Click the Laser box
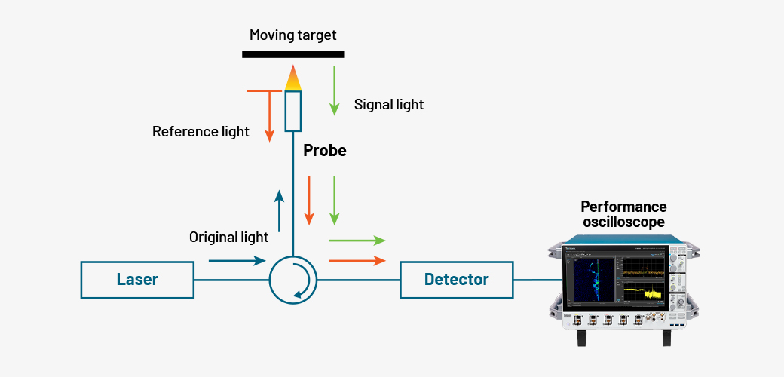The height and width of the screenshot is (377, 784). coord(137,280)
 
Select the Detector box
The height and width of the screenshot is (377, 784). coord(456,280)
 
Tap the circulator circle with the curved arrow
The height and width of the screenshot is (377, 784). coord(293,280)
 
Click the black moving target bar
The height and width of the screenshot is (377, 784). coord(292,54)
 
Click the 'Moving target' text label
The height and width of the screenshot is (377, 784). coord(292,35)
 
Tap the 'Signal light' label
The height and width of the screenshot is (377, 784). coord(389,105)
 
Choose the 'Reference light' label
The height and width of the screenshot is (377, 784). coord(201,132)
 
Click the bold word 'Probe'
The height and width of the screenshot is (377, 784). coord(325,151)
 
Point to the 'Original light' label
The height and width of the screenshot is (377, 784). coord(228,238)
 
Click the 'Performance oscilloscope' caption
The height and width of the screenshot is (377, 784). coord(623,214)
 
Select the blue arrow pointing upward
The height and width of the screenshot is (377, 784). coord(279,211)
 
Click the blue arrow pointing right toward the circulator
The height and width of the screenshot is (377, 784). coord(237,261)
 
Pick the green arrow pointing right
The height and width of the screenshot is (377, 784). coord(357,241)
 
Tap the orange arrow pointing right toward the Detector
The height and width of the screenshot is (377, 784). coord(357,261)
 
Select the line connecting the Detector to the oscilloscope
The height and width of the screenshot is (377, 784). coord(537,280)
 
